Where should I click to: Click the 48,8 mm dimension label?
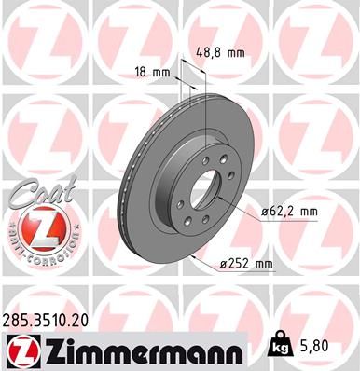tap(221, 52)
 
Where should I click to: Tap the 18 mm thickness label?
tap(153, 73)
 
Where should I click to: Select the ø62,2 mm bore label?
tap(289, 212)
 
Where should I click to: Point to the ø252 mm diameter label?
tap(246, 264)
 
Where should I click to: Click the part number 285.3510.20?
tap(46, 320)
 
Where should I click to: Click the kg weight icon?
tap(280, 347)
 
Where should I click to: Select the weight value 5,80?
tap(314, 347)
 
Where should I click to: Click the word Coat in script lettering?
tap(43, 192)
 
